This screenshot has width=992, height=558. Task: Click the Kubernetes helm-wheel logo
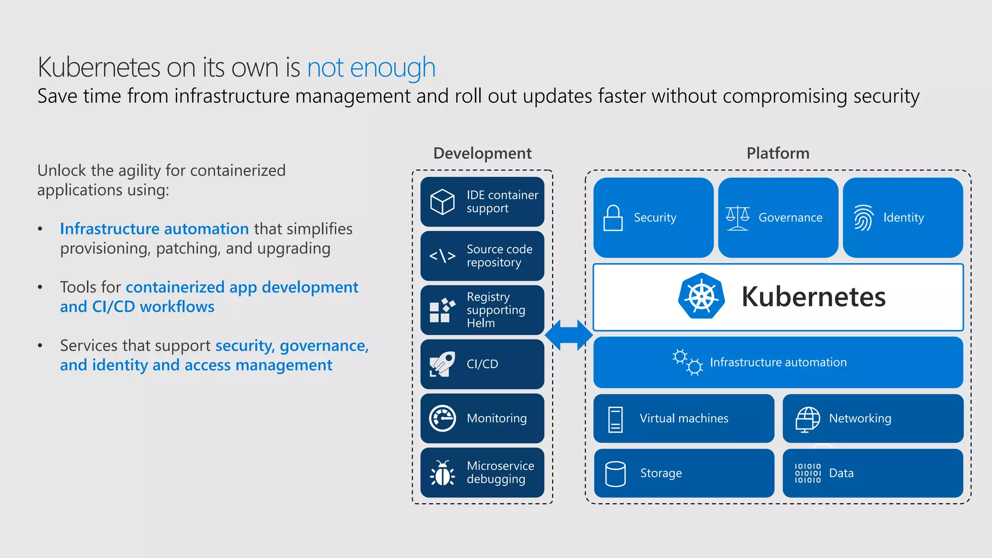tap(701, 296)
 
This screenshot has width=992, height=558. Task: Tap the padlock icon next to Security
tap(613, 218)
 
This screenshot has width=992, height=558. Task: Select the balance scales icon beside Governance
tap(737, 218)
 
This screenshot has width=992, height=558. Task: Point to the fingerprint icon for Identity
tap(863, 218)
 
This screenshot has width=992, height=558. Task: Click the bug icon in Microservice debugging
tap(442, 473)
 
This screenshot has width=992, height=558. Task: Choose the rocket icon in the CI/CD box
tap(442, 364)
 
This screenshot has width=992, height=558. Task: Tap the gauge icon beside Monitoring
tap(442, 418)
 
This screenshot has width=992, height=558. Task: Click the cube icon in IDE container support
tap(442, 201)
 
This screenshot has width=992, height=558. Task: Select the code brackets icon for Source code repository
tap(442, 256)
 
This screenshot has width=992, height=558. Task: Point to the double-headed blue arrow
tap(569, 335)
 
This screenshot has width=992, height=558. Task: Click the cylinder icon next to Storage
tap(615, 473)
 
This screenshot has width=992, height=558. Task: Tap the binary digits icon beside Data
tap(807, 473)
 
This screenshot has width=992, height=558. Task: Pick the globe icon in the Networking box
tap(807, 419)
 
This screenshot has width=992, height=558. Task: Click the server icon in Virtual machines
tap(615, 419)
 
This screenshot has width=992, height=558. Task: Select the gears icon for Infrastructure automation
tap(687, 362)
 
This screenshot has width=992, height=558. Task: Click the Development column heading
tap(482, 153)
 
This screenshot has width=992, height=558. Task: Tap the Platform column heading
tap(777, 153)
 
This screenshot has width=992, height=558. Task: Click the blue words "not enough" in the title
tap(371, 67)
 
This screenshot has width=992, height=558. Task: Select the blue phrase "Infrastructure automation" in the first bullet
tap(154, 229)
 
